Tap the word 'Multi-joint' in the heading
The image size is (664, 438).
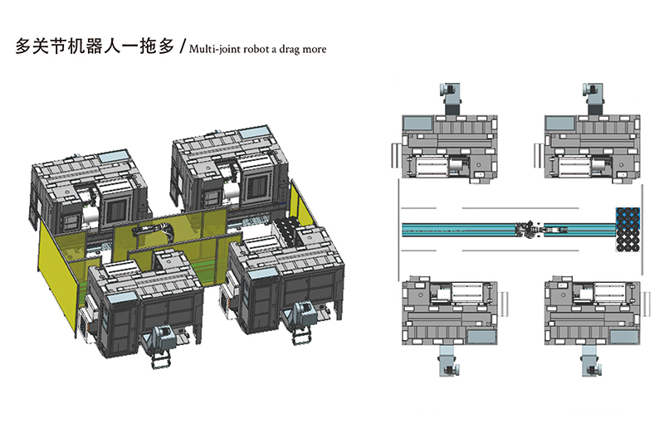(217, 49)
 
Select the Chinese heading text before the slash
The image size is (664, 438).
(94, 47)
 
